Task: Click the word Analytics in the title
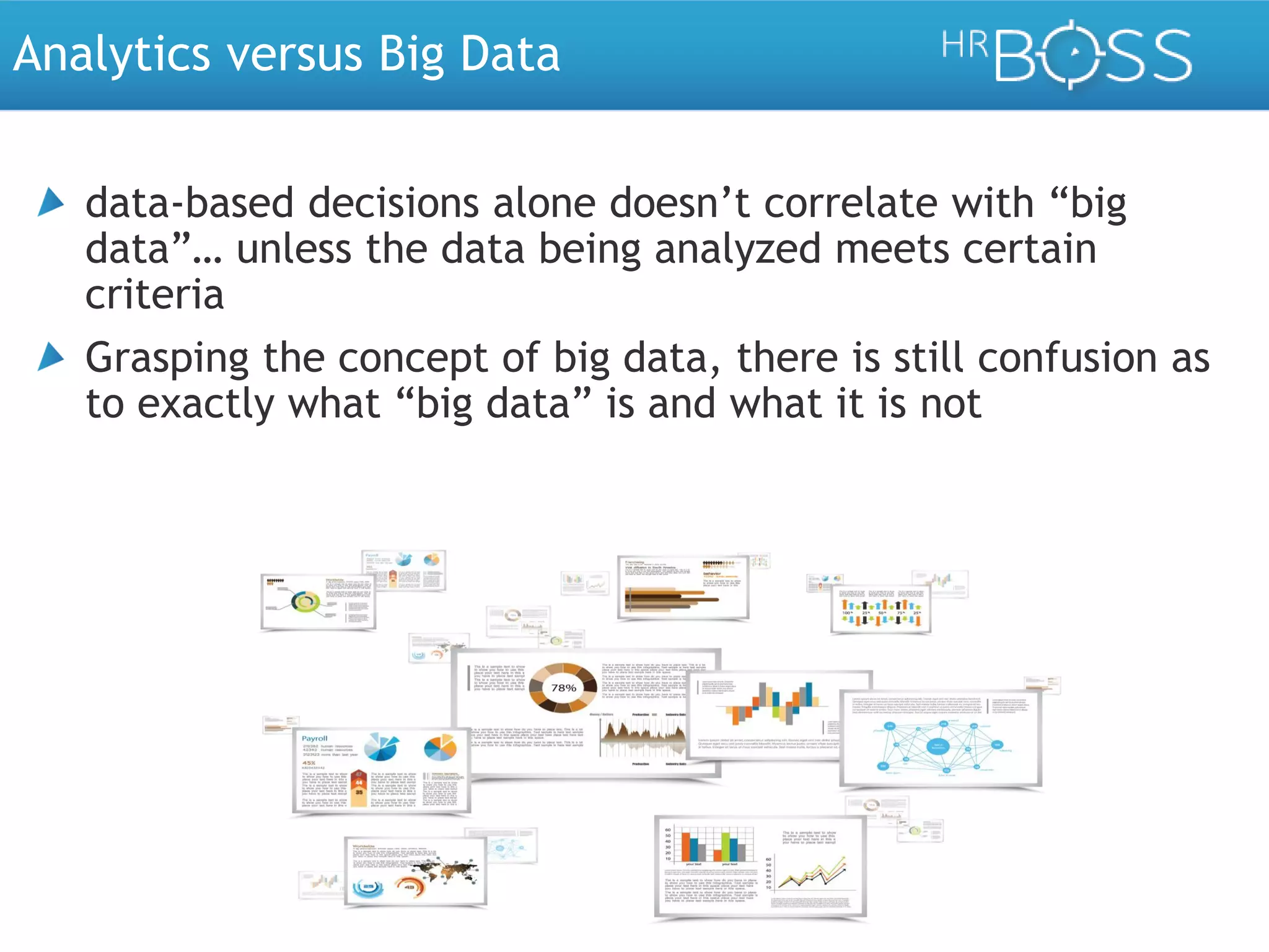click(112, 55)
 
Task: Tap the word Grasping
click(167, 359)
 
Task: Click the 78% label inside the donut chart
click(564, 688)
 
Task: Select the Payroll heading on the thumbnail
click(315, 738)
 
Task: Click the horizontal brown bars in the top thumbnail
click(669, 599)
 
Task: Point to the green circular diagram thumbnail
click(305, 601)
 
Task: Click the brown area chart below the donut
click(642, 738)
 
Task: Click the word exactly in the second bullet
click(205, 404)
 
